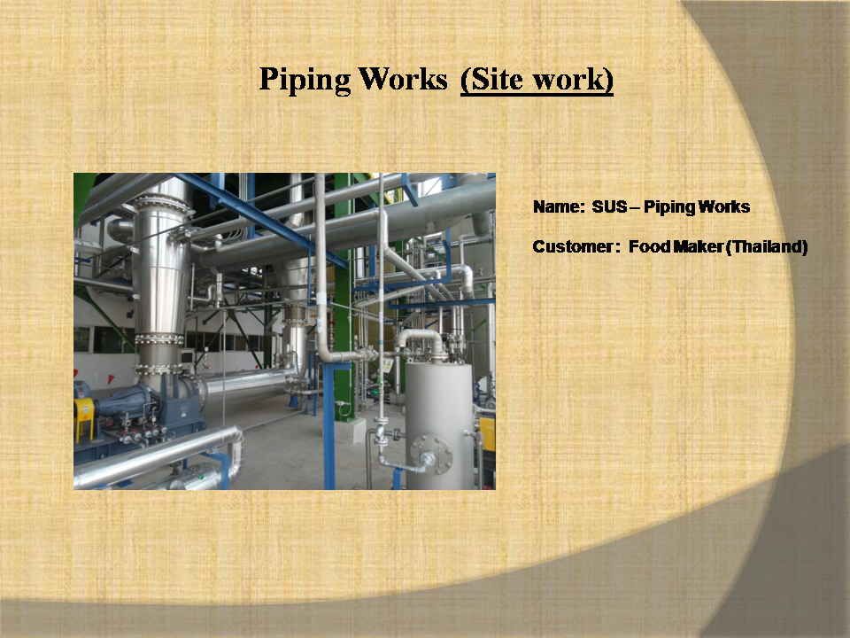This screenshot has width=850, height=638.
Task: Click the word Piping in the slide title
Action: tap(305, 79)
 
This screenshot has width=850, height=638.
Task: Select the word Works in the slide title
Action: tap(403, 79)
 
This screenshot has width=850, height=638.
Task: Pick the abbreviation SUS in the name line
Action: tap(609, 206)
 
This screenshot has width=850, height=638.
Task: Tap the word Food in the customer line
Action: tap(649, 247)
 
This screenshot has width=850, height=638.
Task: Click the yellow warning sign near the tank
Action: tap(387, 364)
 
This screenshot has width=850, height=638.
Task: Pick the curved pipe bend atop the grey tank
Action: tap(421, 339)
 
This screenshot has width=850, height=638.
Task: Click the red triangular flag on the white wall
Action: tap(110, 379)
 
